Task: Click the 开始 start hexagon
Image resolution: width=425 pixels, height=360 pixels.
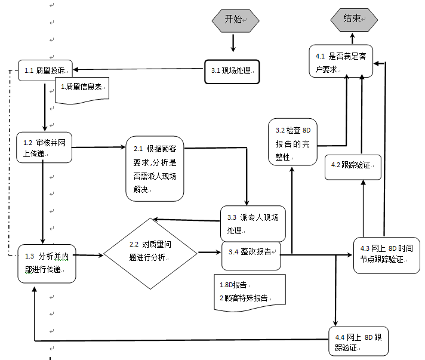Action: pos(235,20)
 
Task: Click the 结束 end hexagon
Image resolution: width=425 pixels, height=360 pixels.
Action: pos(354,20)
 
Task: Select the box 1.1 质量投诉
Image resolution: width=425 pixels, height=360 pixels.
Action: pos(45,71)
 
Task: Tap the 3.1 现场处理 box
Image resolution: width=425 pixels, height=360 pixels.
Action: pos(232,70)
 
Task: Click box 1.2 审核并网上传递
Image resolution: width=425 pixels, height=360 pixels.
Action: pos(44,147)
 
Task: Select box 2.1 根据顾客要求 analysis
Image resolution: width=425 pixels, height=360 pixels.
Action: pos(155,169)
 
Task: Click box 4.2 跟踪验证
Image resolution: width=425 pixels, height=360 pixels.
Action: pos(352,167)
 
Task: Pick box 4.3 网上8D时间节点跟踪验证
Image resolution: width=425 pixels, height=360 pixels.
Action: pos(386,254)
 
